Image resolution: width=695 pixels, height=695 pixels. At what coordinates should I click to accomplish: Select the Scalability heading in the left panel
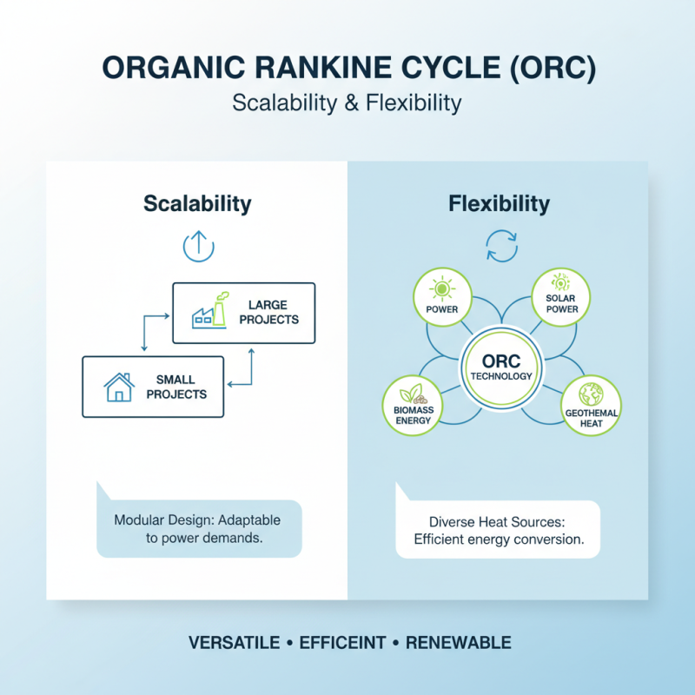point(197,204)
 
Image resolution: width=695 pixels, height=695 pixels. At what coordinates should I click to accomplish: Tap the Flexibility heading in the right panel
point(499,204)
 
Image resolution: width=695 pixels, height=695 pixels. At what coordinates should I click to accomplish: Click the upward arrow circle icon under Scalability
point(198,246)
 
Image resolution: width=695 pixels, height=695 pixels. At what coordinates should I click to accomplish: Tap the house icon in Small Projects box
point(119,387)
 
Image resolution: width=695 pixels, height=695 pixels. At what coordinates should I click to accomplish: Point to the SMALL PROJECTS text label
point(176,387)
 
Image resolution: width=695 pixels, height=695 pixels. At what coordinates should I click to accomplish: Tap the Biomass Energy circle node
point(414,404)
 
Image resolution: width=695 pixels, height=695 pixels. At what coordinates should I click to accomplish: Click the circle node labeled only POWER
point(443,296)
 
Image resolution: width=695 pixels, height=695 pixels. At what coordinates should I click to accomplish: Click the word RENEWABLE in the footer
point(458,644)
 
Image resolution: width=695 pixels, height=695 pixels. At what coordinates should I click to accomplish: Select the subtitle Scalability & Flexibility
point(347,103)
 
